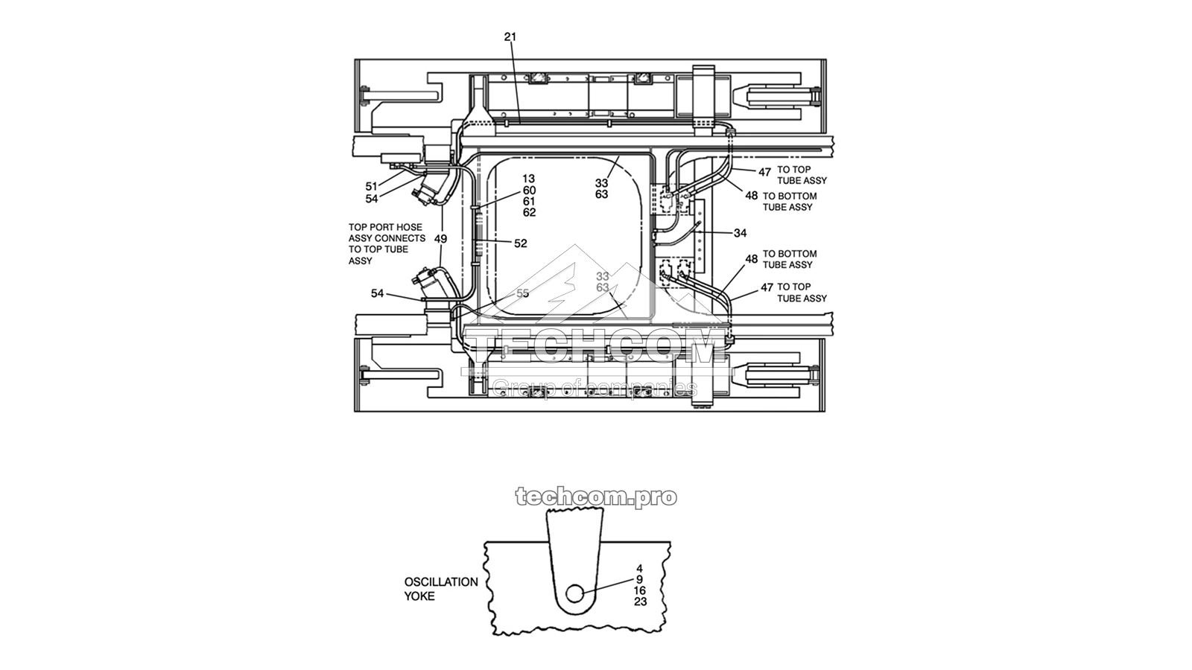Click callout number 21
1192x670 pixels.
coord(510,36)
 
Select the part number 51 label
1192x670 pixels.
coord(371,187)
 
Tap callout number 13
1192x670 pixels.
coord(528,179)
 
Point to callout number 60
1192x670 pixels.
coord(528,191)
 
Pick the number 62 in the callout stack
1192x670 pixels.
coord(528,213)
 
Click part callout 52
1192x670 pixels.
coord(520,243)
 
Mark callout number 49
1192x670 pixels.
coord(440,239)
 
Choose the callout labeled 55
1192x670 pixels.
coord(522,293)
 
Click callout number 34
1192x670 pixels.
coord(740,233)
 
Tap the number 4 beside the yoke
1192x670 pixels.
coord(639,568)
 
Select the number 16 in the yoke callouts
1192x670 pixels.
coord(639,590)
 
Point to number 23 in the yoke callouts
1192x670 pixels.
coord(640,602)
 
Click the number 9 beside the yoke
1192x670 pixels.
coord(639,579)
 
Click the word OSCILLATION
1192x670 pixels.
coord(441,582)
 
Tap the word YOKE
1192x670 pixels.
coord(419,596)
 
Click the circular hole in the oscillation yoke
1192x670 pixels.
coord(574,594)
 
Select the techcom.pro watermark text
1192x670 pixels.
coord(596,497)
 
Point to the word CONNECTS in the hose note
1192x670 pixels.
coord(400,238)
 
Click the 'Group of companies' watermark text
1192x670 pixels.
coord(595,387)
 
